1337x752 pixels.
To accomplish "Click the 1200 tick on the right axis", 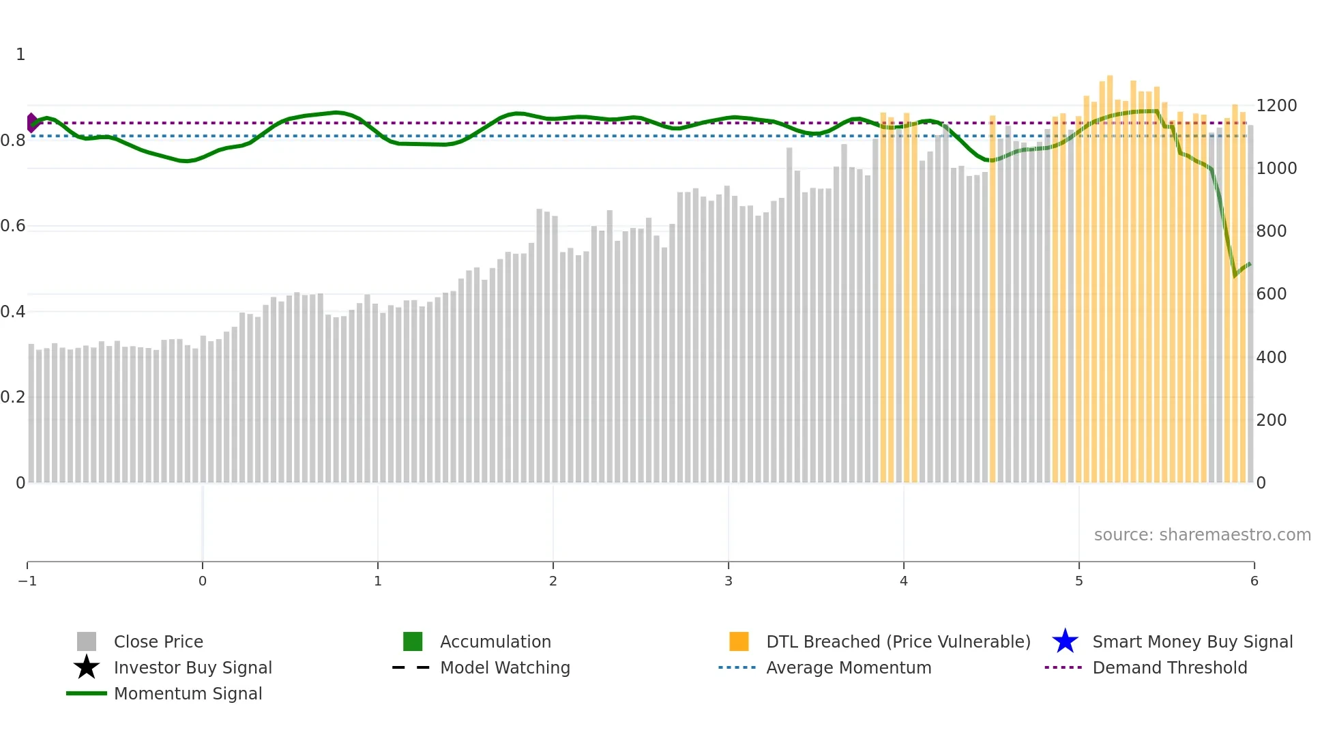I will (1276, 106).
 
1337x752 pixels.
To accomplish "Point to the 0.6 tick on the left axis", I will (13, 226).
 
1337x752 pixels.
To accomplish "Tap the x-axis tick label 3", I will (728, 581).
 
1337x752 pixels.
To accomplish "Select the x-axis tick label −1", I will (27, 581).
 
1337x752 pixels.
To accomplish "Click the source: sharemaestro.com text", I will (1202, 534).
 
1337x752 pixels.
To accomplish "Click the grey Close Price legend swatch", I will (87, 641).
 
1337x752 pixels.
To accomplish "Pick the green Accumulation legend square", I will (413, 641).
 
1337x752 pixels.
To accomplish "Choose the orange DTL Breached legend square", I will (739, 641).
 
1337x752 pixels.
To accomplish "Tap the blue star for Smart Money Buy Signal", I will (1065, 641).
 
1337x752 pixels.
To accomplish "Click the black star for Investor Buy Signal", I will (87, 667).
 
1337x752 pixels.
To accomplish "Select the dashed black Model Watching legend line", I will (411, 667).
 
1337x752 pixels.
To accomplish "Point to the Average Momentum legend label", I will (848, 667).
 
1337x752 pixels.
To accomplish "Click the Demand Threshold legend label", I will (1169, 667).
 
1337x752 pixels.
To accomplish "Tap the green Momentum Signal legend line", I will (87, 693).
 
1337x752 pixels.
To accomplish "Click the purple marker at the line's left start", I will (31, 123).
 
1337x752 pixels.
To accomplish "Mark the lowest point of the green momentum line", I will (1235, 276).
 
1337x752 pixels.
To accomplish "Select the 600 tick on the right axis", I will (1271, 294).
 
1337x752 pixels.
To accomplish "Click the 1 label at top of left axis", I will (20, 55).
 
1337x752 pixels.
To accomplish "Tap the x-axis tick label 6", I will (1254, 581).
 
